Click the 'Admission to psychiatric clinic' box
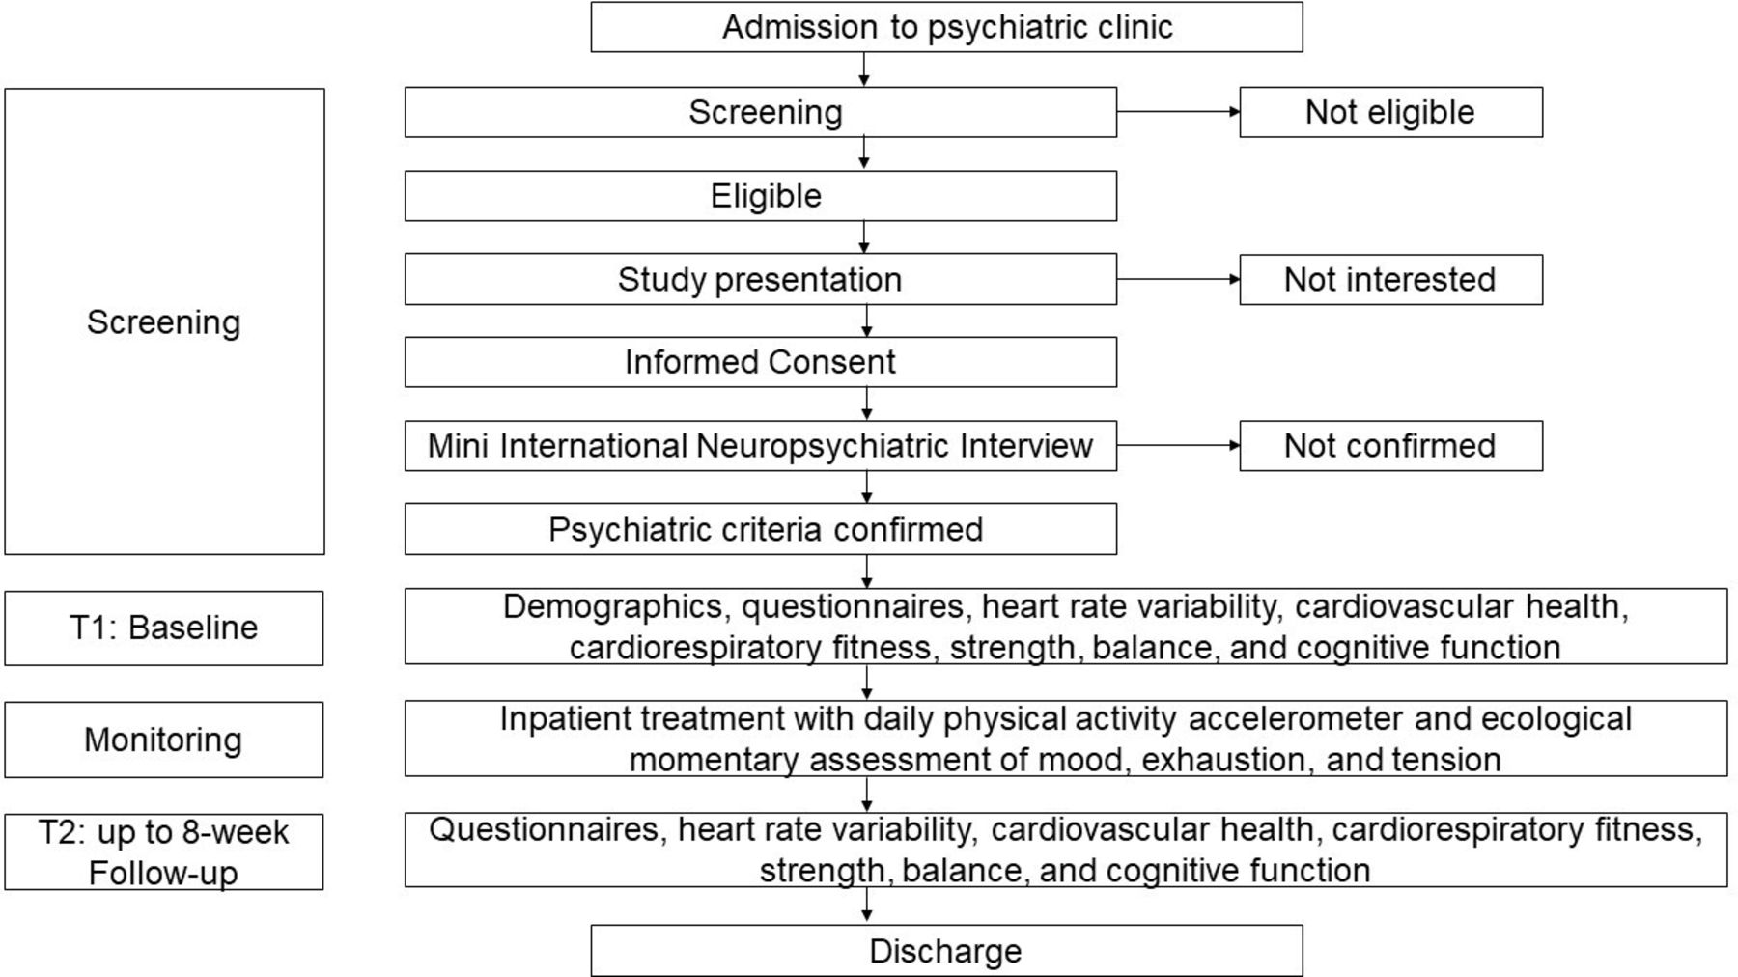pos(946,27)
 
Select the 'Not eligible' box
pos(1391,112)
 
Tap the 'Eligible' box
pos(761,196)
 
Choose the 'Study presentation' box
pos(761,279)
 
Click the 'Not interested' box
pos(1391,280)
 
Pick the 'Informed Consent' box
pos(761,362)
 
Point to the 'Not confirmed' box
pos(1391,446)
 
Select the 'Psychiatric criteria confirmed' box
pos(761,529)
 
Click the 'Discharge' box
pos(946,951)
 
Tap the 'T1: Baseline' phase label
pos(164,628)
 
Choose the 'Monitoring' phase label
pos(164,740)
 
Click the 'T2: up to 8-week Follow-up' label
pos(164,851)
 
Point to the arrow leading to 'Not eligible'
pos(1178,112)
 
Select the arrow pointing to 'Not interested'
pos(1178,280)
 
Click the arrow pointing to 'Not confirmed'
pos(1178,446)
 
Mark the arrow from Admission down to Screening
pos(864,70)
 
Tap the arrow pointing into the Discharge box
pos(867,906)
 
